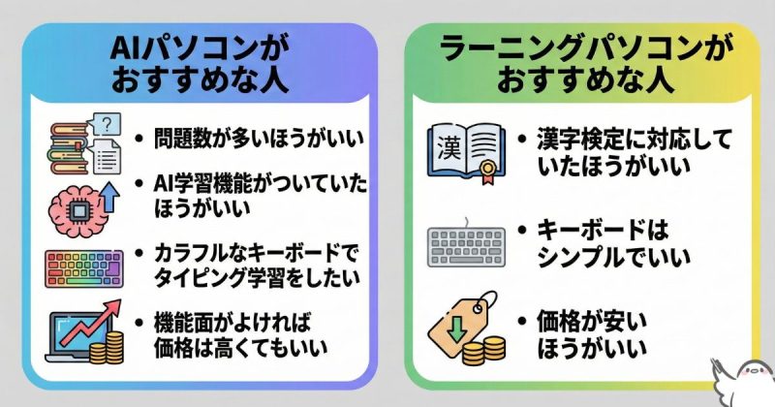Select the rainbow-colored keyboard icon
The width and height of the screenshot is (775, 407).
click(x=84, y=266)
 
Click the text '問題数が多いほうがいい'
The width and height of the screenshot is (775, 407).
click(x=258, y=137)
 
